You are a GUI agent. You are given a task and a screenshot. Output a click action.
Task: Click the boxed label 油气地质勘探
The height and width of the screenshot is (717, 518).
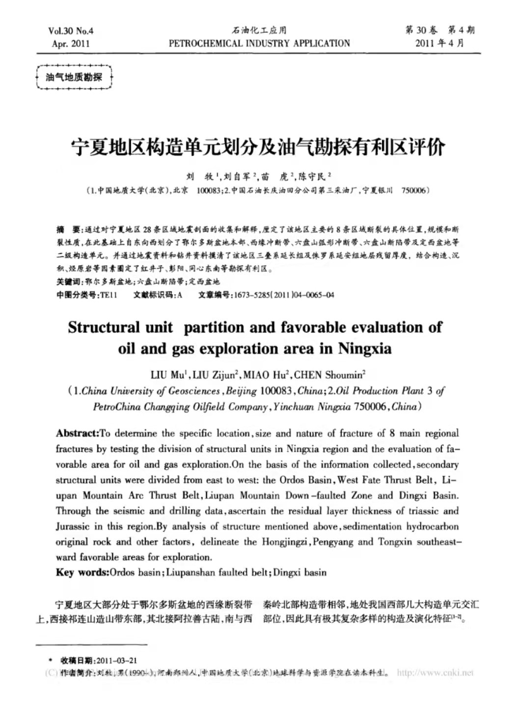(x=74, y=77)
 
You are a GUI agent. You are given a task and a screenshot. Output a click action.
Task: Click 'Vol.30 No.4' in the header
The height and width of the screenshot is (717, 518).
(x=71, y=31)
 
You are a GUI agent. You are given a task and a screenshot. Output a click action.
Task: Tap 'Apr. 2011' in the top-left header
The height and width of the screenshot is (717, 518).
(x=71, y=43)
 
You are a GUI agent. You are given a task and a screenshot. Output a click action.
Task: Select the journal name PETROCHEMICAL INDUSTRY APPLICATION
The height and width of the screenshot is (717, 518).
(x=259, y=43)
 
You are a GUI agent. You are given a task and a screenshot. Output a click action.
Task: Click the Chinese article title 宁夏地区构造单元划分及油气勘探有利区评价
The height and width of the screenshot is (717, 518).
(x=259, y=147)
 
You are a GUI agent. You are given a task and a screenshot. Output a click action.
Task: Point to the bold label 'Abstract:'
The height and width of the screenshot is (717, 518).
(x=78, y=433)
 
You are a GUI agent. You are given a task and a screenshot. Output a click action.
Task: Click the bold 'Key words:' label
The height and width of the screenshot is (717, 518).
(x=82, y=572)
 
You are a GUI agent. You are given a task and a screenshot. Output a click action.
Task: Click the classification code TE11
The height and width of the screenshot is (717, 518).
(x=109, y=295)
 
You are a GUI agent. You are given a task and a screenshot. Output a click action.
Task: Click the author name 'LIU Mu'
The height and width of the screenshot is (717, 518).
(x=167, y=375)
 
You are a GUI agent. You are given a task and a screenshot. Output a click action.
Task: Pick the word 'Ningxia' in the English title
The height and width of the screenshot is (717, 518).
(x=364, y=349)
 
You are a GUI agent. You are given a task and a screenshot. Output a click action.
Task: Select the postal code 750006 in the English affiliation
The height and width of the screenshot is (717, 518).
(x=372, y=407)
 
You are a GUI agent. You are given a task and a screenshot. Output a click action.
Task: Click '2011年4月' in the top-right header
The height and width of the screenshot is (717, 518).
(x=439, y=43)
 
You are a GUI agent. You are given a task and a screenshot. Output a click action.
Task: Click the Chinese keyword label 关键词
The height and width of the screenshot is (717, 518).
(x=68, y=282)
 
